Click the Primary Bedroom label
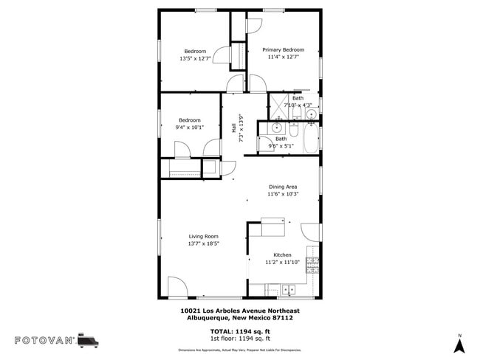pyautogui.click(x=283, y=49)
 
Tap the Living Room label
pyautogui.click(x=203, y=236)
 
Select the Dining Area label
pyautogui.click(x=283, y=187)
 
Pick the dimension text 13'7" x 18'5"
pyautogui.click(x=203, y=243)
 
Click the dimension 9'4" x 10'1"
pyautogui.click(x=190, y=127)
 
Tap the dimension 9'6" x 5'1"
pyautogui.click(x=281, y=145)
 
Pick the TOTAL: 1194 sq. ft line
pyautogui.click(x=240, y=331)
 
